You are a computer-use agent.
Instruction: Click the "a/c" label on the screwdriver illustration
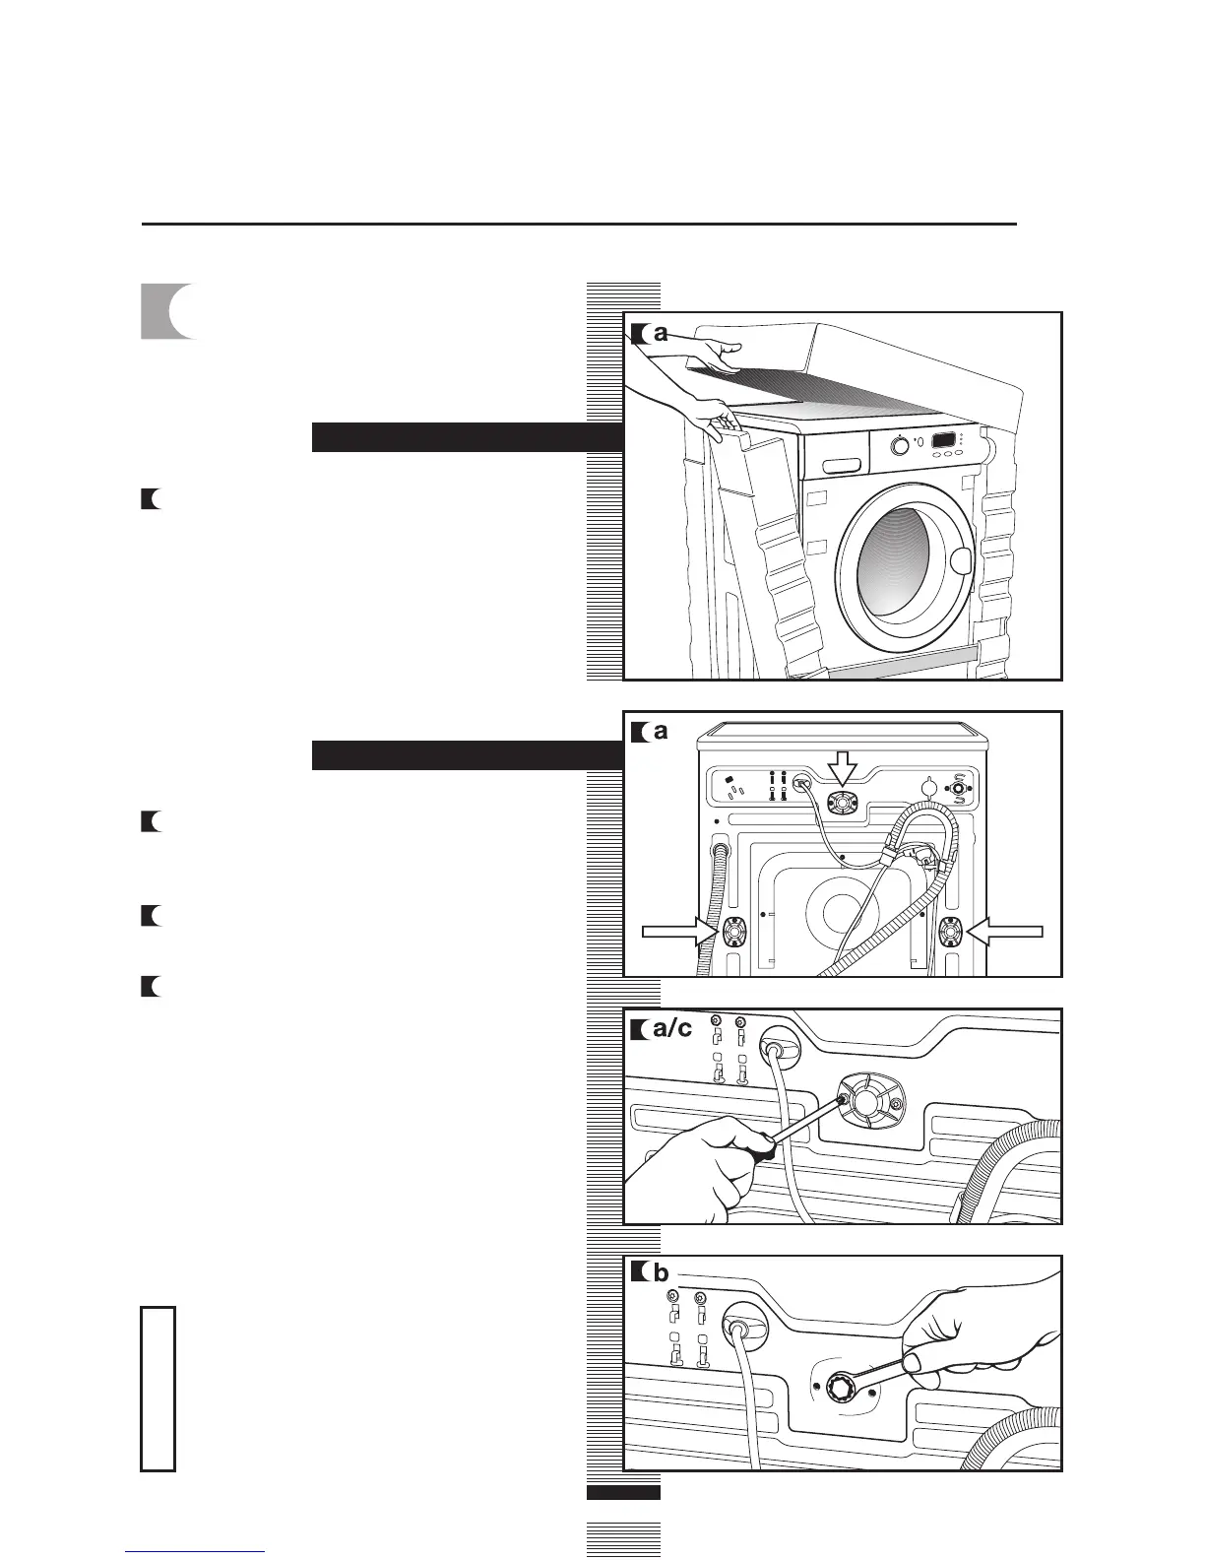pos(672,1030)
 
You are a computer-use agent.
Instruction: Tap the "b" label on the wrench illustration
pos(661,1272)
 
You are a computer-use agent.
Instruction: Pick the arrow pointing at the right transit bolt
pos(1005,931)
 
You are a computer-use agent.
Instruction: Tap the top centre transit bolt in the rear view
pos(842,804)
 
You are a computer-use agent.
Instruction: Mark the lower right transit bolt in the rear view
pos(953,932)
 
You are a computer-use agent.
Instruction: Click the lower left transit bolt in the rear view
pos(734,932)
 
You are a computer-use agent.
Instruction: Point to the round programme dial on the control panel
pos(898,445)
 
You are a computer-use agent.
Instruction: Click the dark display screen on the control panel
pos(946,440)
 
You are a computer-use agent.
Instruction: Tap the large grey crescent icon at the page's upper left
pos(167,311)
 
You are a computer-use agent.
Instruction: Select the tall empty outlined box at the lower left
pos(158,1389)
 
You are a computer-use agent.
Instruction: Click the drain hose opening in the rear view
pos(718,851)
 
